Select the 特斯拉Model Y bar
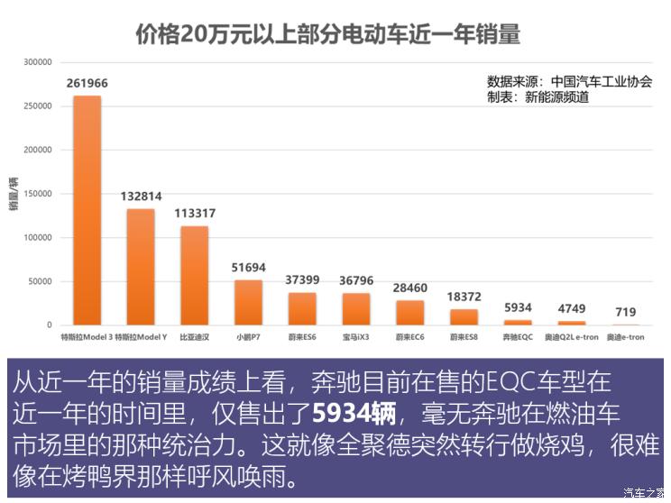(141, 267)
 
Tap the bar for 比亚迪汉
(194, 275)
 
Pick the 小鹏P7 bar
(248, 302)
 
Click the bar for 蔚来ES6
(302, 308)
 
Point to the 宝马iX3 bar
(355, 308)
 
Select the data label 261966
(87, 84)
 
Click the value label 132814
(141, 197)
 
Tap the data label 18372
(464, 296)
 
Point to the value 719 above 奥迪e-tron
(625, 312)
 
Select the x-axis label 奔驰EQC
(518, 337)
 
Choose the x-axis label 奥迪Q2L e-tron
(571, 337)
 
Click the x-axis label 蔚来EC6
(409, 337)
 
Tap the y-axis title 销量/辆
(14, 194)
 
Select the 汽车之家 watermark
(644, 492)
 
